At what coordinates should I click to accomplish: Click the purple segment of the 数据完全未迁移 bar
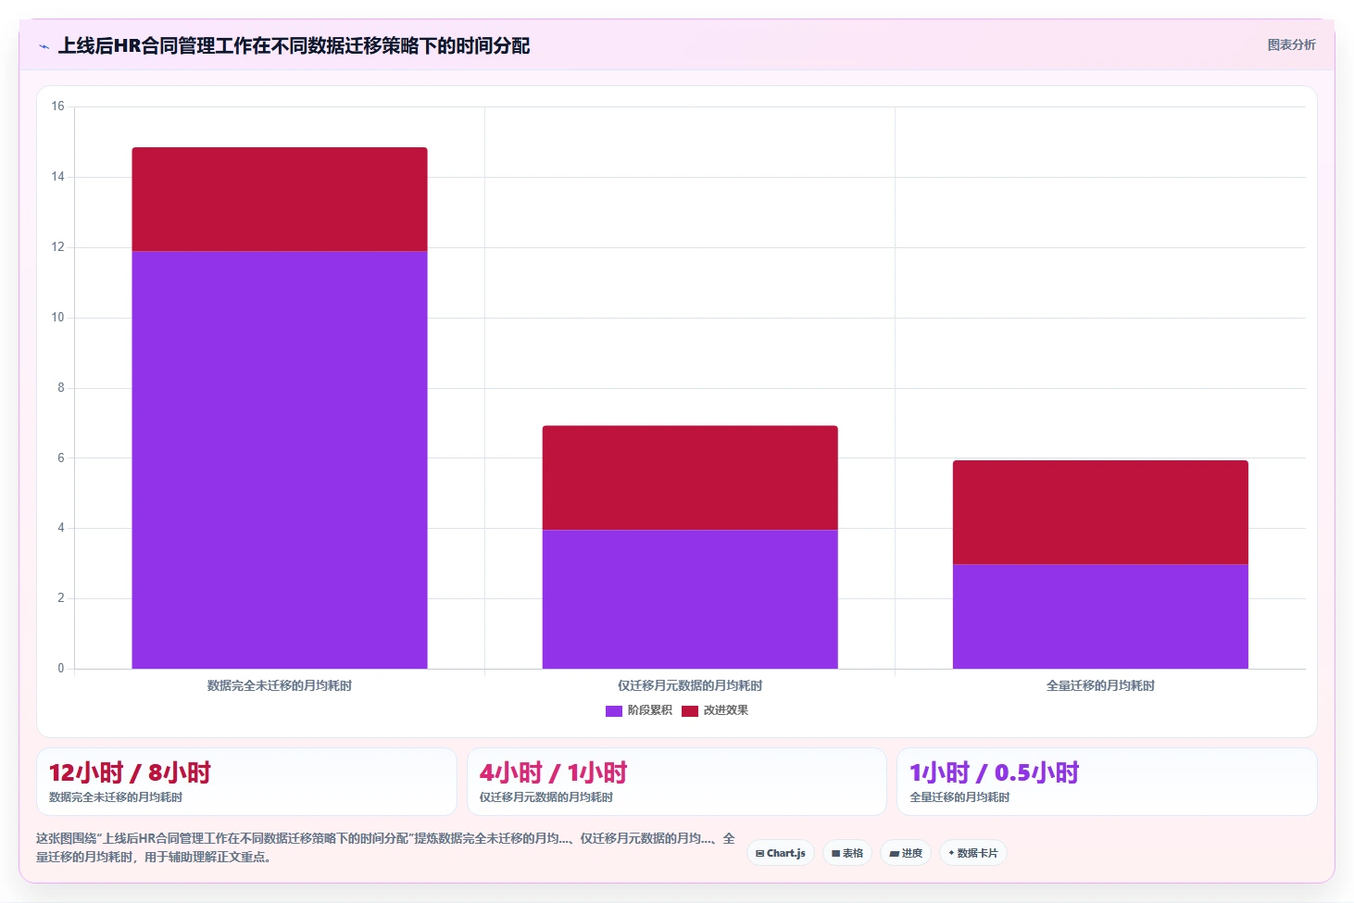point(280,459)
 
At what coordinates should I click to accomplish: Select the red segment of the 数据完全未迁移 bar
point(280,199)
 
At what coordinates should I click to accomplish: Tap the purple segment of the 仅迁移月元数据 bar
point(690,599)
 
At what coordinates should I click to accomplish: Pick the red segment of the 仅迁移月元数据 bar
point(690,478)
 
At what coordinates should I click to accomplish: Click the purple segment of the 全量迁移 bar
point(1100,617)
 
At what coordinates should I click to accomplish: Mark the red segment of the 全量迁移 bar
point(1100,512)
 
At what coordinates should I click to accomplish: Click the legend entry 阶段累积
point(638,710)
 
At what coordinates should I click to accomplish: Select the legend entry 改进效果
point(714,710)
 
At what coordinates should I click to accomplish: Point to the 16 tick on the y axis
point(57,107)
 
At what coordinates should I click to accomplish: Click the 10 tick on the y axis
point(57,318)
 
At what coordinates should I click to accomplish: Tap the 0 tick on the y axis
point(60,668)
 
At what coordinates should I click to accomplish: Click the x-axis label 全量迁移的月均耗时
point(1100,685)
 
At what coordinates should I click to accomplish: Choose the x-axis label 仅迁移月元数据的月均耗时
point(690,685)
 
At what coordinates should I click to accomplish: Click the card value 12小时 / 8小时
point(130,772)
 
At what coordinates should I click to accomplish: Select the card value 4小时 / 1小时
point(553,772)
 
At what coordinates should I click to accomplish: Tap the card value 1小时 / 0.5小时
point(995,772)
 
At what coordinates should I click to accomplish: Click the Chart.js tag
point(781,853)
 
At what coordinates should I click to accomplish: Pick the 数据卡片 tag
point(972,853)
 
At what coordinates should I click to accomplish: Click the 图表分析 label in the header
point(1291,44)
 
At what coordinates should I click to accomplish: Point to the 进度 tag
point(906,853)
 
